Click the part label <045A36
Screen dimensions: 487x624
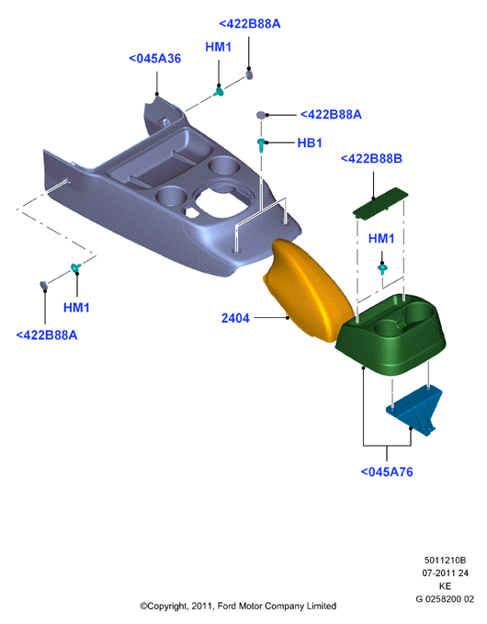[x=154, y=59]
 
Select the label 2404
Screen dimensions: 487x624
[x=235, y=318]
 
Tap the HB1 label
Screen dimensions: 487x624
[x=310, y=142]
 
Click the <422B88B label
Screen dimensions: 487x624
[x=371, y=159]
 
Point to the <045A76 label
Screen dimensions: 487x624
[x=387, y=472]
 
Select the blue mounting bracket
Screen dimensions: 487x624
[x=414, y=410]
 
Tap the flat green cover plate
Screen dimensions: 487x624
[x=380, y=202]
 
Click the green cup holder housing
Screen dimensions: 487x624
[x=391, y=335]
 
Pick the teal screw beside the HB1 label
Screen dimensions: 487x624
[x=261, y=145]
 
